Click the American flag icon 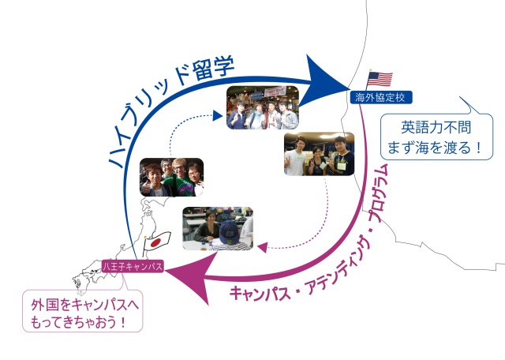pyautogui.click(x=380, y=79)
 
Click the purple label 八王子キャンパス pyautogui.click(x=133, y=267)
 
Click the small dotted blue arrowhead pyautogui.click(x=218, y=116)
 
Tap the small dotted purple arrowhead pyautogui.click(x=263, y=248)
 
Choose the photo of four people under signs pyautogui.click(x=262, y=107)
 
